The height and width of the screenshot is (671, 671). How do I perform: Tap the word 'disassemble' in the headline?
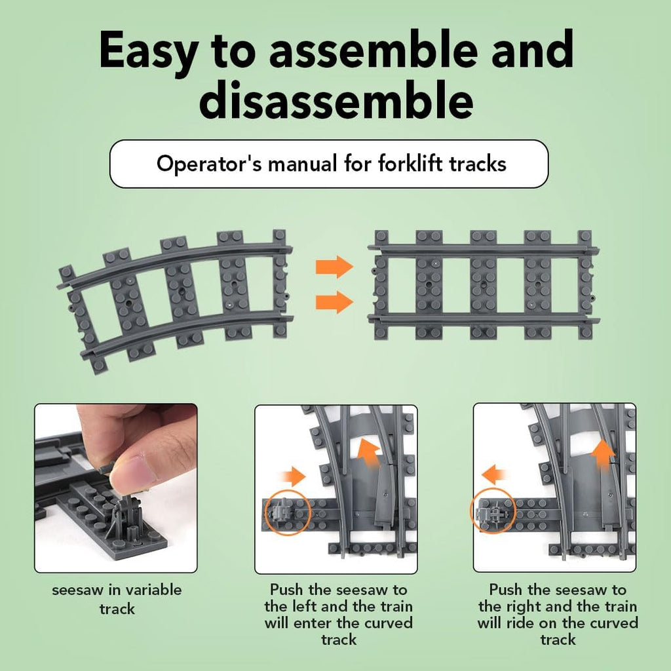(x=336, y=100)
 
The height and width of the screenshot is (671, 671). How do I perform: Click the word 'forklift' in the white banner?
(x=410, y=163)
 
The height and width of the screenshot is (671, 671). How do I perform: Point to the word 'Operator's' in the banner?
(x=209, y=164)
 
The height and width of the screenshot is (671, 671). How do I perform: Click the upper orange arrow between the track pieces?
(x=334, y=267)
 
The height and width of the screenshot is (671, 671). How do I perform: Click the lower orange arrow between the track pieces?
(x=334, y=302)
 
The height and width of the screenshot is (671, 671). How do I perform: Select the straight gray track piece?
(x=484, y=285)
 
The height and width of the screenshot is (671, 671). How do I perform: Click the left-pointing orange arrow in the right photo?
(x=495, y=475)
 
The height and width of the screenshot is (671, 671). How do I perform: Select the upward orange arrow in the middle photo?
(x=368, y=453)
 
